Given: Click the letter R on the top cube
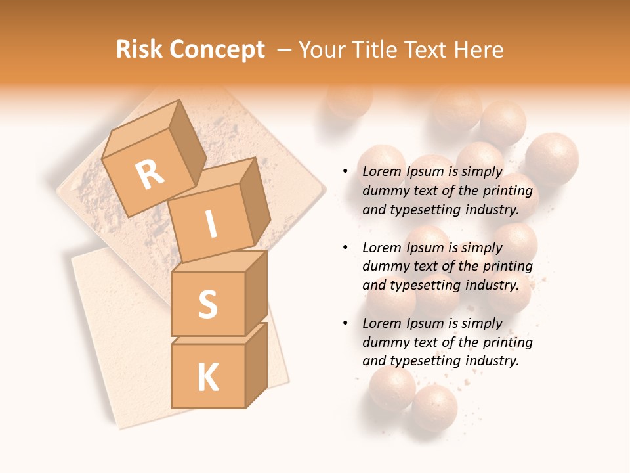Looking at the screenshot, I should [150, 174].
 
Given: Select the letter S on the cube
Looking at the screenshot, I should [207, 304].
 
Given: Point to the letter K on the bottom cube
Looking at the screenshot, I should [207, 377].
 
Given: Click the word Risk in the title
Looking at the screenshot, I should [140, 49].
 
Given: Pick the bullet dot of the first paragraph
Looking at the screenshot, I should [345, 171].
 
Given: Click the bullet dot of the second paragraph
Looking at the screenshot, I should [345, 248].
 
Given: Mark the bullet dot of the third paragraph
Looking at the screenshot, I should [345, 323].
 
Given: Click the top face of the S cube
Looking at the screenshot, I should [219, 261].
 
